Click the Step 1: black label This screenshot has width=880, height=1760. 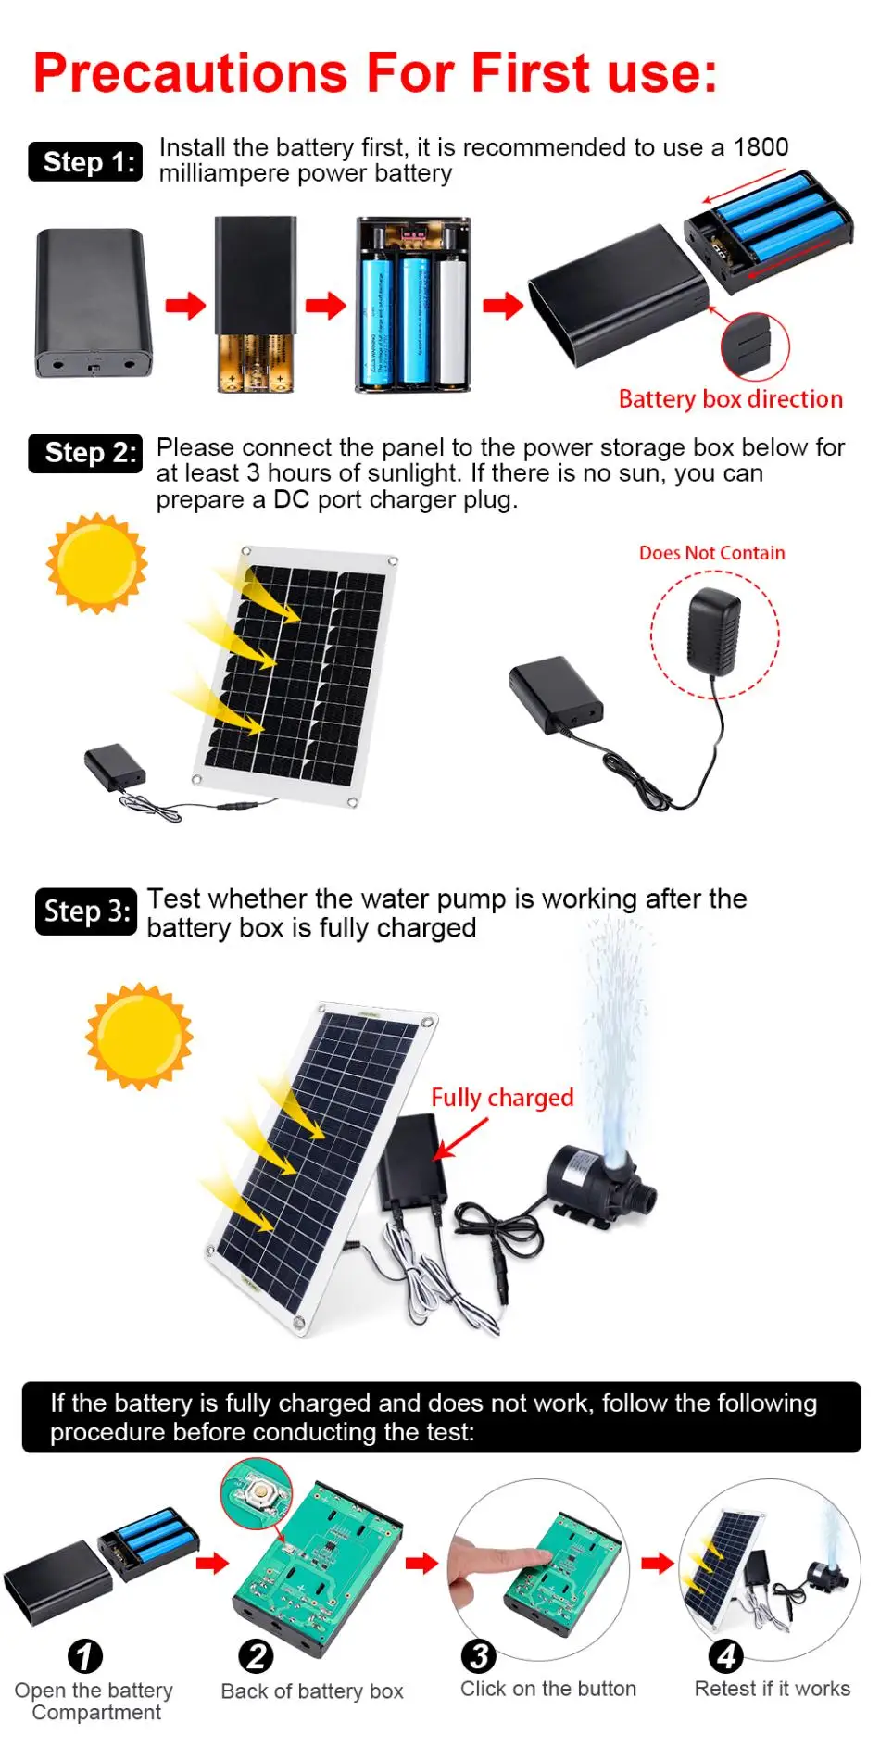(85, 162)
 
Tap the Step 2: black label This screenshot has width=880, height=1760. (85, 453)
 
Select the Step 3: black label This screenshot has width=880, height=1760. (85, 911)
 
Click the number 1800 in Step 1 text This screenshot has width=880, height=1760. (761, 147)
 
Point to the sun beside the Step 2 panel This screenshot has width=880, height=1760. (96, 563)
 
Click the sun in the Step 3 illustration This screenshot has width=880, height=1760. (139, 1036)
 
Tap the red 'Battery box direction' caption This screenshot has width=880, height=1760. (730, 399)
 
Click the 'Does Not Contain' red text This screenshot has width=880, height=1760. (711, 553)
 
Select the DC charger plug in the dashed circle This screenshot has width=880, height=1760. (713, 630)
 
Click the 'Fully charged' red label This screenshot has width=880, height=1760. (502, 1098)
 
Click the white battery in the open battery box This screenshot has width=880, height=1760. (451, 320)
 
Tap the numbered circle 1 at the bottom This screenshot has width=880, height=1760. (85, 1656)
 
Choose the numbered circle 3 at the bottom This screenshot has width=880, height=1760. (479, 1655)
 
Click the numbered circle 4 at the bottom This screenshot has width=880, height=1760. (725, 1655)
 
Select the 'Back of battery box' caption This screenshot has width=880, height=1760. (312, 1691)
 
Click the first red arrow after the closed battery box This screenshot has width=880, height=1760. (185, 305)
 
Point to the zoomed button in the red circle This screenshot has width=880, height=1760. (256, 1491)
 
